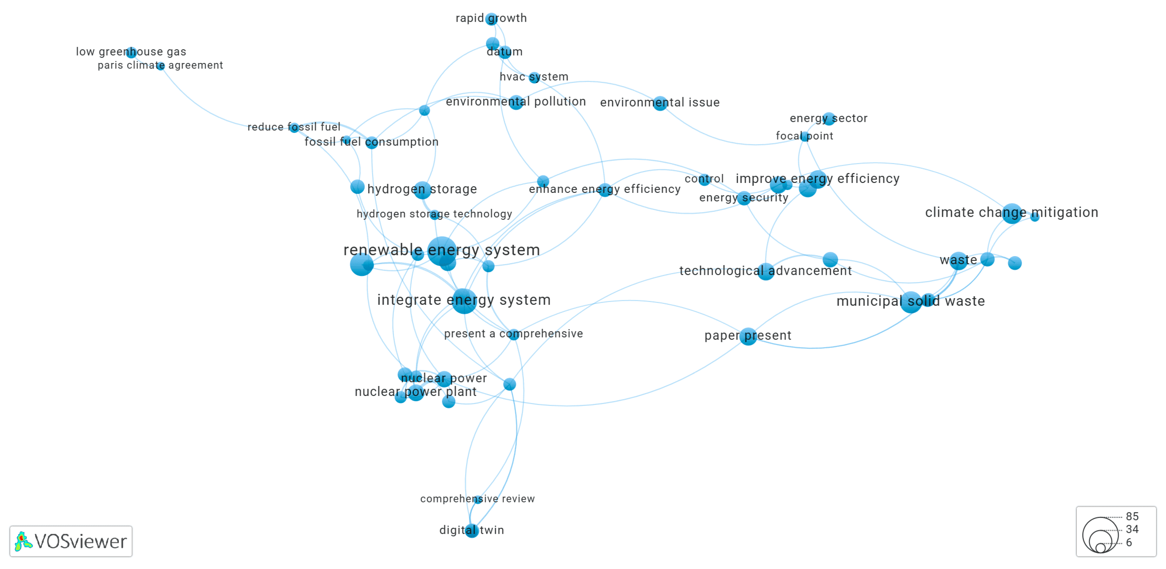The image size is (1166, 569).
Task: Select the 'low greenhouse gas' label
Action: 131,51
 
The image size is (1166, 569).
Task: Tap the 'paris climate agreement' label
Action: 160,65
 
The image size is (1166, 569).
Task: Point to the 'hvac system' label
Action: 534,77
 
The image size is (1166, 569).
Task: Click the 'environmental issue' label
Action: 659,103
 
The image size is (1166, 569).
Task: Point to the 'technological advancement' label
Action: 765,271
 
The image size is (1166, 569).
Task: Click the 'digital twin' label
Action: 471,530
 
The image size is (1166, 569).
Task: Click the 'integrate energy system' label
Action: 464,300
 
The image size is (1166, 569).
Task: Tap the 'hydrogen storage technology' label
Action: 434,214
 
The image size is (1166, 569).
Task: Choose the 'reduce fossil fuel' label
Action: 294,127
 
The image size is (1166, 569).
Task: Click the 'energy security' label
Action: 743,198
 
